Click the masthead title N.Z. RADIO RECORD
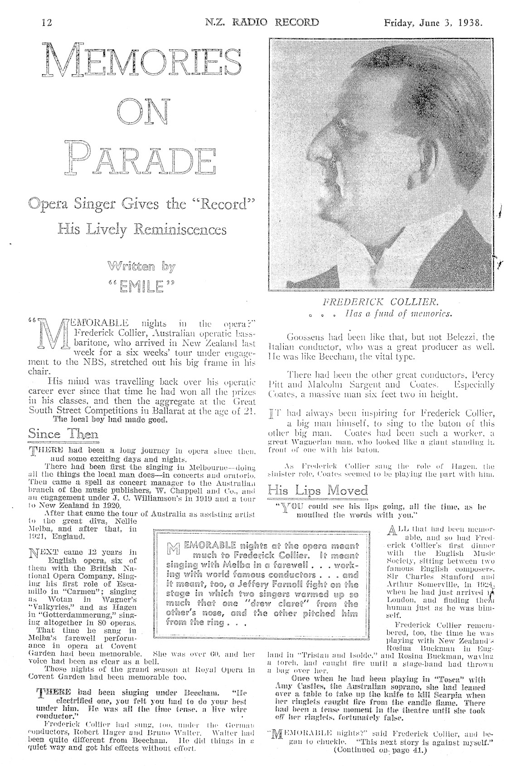tap(262, 22)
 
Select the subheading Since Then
tap(63, 434)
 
